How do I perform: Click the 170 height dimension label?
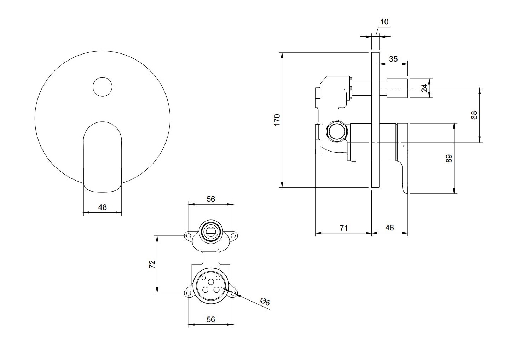[x=277, y=120]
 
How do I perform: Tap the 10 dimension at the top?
[x=384, y=22]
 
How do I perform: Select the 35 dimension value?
[x=393, y=59]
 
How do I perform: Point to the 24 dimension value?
[x=424, y=88]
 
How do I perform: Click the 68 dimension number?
[x=474, y=115]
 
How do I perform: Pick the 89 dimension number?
[x=449, y=159]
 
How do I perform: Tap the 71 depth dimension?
[x=343, y=228]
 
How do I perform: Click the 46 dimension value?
[x=389, y=228]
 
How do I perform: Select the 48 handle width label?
[x=102, y=207]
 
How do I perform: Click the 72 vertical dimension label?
[x=152, y=264]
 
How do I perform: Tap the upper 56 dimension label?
[x=211, y=199]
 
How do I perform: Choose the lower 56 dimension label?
[x=211, y=320]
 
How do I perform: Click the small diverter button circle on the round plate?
[x=102, y=87]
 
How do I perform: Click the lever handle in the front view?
[x=102, y=157]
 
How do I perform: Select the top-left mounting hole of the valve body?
[x=188, y=236]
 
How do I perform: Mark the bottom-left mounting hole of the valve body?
[x=188, y=293]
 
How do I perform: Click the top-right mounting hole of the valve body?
[x=233, y=236]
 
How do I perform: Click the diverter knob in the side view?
[x=397, y=88]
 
